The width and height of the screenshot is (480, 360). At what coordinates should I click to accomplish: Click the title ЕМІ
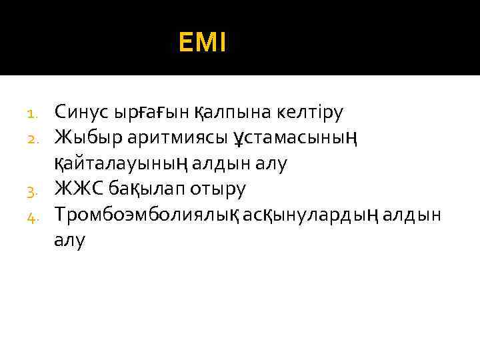[203, 44]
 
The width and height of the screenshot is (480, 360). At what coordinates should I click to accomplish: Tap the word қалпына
[226, 111]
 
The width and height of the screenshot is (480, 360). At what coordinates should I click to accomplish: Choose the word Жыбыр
[87, 137]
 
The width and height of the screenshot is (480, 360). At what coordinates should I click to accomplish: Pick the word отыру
[218, 189]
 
